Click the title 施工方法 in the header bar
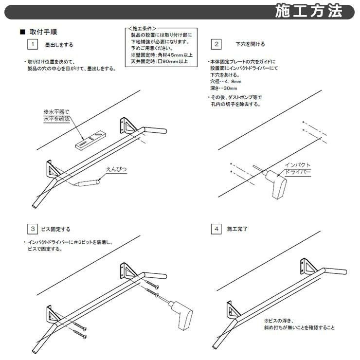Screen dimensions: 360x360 pos(309,11)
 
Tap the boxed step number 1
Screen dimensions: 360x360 pos(33,44)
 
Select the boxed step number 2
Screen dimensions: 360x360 pos(216,44)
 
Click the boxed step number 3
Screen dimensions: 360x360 pos(33,229)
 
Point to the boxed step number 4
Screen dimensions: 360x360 pos(216,229)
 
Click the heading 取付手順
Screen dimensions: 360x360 pos(43,32)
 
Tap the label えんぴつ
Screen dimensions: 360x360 pos(116,169)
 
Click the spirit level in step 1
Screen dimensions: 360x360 pos(91,140)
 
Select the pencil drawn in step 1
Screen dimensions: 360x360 pos(87,183)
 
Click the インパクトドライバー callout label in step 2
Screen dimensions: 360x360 pos(298,168)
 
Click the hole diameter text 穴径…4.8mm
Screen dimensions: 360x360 pos(226,82)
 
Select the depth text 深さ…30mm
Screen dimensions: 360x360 pos(224,88)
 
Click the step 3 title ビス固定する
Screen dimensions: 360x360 pos(56,229)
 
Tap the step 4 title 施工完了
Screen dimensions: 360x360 pos(237,229)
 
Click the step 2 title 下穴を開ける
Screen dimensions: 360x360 pos(250,44)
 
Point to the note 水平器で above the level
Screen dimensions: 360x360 pos(56,112)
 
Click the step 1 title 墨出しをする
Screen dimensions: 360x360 pos(59,45)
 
